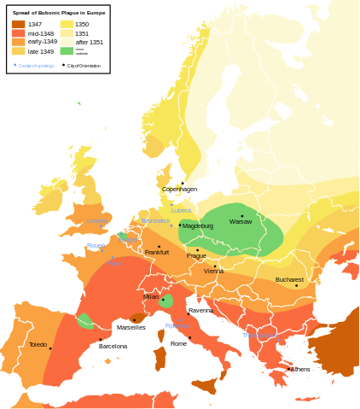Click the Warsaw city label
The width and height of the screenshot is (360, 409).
pyautogui.click(x=241, y=222)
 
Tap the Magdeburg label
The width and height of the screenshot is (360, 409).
pyautogui.click(x=198, y=226)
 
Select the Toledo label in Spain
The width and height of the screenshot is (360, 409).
pyautogui.click(x=38, y=345)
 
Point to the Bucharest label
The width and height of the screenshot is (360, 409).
pyautogui.click(x=289, y=279)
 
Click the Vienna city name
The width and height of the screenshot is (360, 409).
pyautogui.click(x=214, y=271)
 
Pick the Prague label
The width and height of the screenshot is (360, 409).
pyautogui.click(x=196, y=255)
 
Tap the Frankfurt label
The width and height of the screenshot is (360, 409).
pyautogui.click(x=157, y=252)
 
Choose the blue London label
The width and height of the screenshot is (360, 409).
pyautogui.click(x=96, y=221)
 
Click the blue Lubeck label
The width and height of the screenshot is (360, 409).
pyautogui.click(x=181, y=210)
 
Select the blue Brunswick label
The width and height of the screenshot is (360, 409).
pyautogui.click(x=156, y=220)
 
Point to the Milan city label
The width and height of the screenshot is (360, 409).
pyautogui.click(x=151, y=296)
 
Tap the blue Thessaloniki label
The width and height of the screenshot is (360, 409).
pyautogui.click(x=259, y=335)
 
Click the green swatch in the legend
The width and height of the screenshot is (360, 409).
pyautogui.click(x=67, y=51)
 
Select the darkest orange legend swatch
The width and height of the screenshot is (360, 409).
pyautogui.click(x=18, y=24)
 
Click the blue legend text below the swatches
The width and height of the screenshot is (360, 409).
pyautogui.click(x=36, y=66)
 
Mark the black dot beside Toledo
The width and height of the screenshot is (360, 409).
pyautogui.click(x=50, y=348)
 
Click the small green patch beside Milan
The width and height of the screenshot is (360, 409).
pyautogui.click(x=165, y=301)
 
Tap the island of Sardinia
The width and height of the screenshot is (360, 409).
pyautogui.click(x=160, y=357)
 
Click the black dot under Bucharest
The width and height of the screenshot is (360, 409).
pyautogui.click(x=297, y=285)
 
